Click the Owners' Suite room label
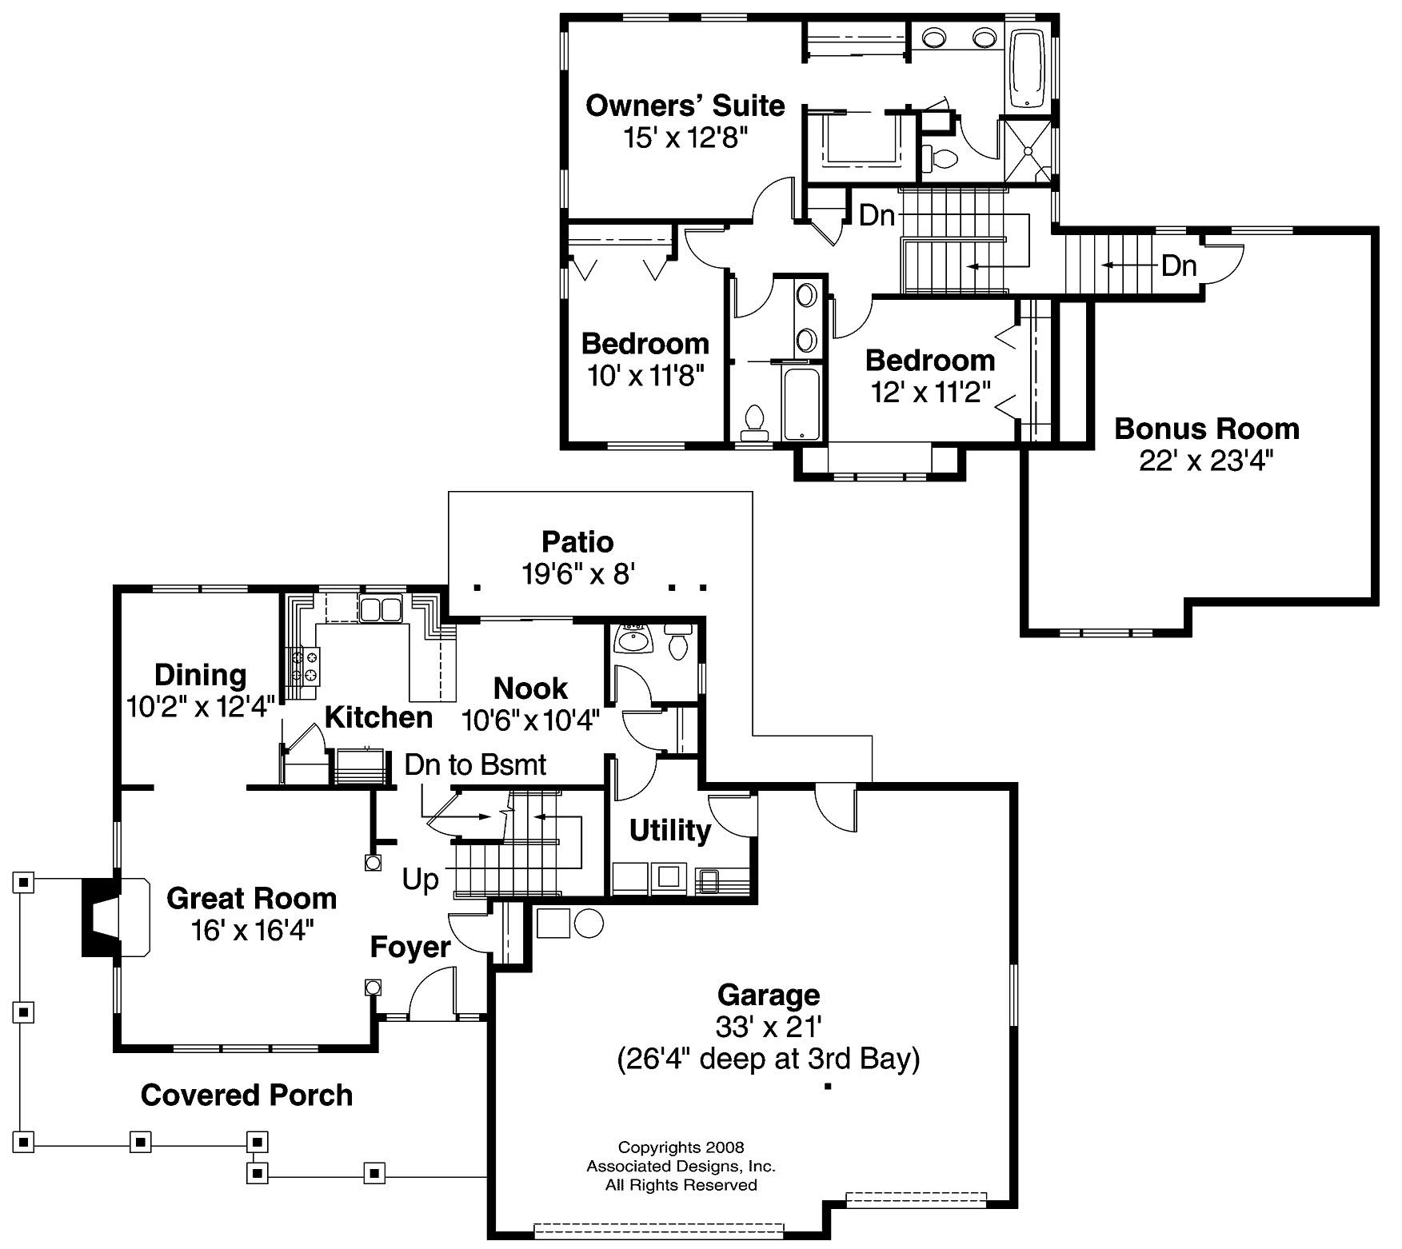pos(685,106)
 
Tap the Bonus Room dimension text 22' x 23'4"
pos(1205,461)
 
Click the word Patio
pos(577,542)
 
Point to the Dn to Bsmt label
pos(475,765)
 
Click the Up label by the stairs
pos(420,880)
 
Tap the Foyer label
pos(410,948)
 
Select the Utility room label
pos(669,831)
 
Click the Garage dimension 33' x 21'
pos(769,1026)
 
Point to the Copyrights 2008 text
pos(681,1148)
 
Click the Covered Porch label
pos(246,1095)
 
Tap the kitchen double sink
pos(379,610)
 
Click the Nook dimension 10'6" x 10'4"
pos(530,720)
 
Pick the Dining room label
pos(200,675)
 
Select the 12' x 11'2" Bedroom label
pos(929,361)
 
